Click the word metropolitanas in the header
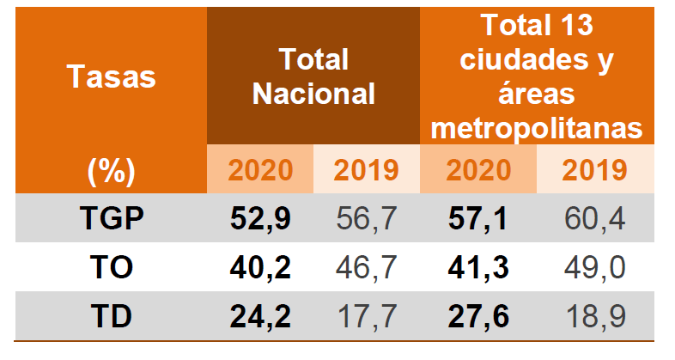click(x=538, y=127)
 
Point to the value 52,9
click(x=260, y=218)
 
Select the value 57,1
click(x=478, y=218)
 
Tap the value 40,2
click(x=260, y=267)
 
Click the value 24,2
click(x=260, y=317)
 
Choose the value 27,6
click(x=478, y=317)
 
